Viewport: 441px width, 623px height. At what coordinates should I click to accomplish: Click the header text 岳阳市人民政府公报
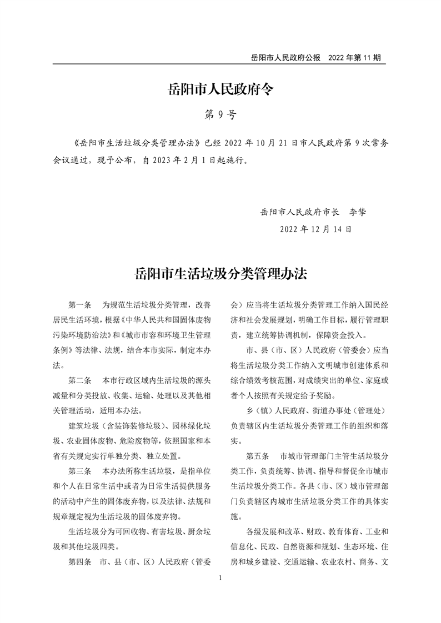pyautogui.click(x=286, y=58)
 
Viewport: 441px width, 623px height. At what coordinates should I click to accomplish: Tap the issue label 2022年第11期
pyautogui.click(x=354, y=58)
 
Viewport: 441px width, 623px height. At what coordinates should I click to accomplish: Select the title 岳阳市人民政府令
pyautogui.click(x=220, y=89)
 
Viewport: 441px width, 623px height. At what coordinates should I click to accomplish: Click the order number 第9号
pyautogui.click(x=220, y=115)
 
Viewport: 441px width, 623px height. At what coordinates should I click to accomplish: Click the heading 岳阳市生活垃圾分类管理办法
pyautogui.click(x=220, y=274)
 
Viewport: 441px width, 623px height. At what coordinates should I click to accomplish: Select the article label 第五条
pyautogui.click(x=258, y=456)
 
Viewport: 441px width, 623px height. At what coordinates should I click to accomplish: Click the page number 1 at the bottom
pyautogui.click(x=220, y=578)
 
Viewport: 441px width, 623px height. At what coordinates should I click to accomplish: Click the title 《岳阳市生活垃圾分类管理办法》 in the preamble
pyautogui.click(x=137, y=142)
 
